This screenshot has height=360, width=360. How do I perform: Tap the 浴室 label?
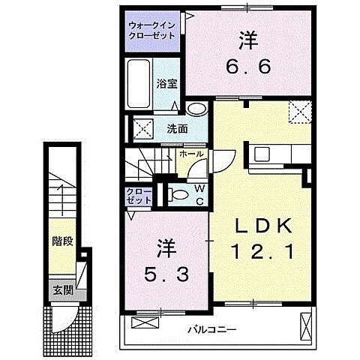166,84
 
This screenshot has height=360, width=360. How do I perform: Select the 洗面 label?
178,127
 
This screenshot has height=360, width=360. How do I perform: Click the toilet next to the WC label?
177,196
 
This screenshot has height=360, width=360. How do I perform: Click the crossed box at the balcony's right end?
306,327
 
